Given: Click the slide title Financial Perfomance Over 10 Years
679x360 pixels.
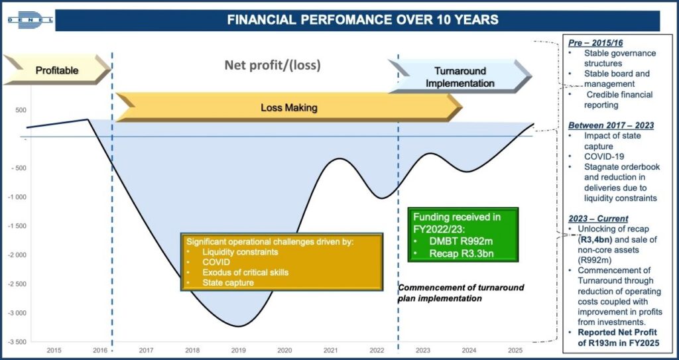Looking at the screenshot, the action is click(x=363, y=20).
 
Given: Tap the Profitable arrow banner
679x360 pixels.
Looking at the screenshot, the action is click(x=57, y=70).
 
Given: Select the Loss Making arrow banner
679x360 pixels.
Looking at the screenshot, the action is click(x=289, y=107).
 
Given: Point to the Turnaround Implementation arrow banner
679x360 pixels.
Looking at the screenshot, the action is click(x=460, y=76).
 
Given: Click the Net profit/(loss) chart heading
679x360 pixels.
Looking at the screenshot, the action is click(x=273, y=66).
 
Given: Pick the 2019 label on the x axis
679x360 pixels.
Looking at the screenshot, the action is click(x=239, y=350).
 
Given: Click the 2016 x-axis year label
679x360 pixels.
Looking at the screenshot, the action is click(x=100, y=350).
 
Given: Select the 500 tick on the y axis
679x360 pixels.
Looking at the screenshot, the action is click(x=21, y=110).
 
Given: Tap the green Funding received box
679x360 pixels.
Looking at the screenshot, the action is click(x=463, y=235).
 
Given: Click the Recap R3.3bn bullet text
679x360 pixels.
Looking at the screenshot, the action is click(x=462, y=253).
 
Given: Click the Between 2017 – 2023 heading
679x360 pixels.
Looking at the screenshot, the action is click(x=611, y=125).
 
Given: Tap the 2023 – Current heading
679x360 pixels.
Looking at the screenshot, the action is click(x=598, y=218).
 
